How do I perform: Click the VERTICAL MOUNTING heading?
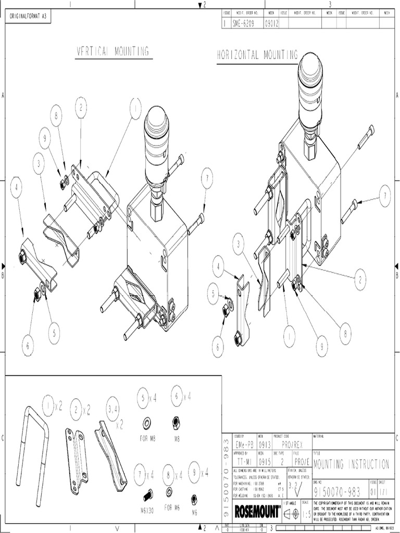click(x=114, y=51)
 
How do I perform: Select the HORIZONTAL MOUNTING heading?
click(x=257, y=55)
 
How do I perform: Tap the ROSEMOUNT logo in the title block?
click(x=257, y=511)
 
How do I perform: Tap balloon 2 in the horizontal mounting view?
click(x=359, y=280)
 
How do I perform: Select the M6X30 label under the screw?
click(x=148, y=511)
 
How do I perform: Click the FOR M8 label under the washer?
click(x=147, y=438)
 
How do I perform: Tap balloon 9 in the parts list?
click(x=194, y=473)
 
